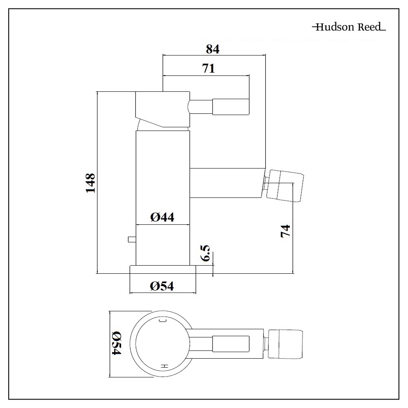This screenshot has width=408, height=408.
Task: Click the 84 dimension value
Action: (x=213, y=49)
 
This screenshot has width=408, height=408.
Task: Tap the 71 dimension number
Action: (x=208, y=68)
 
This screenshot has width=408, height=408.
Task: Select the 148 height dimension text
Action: (x=90, y=183)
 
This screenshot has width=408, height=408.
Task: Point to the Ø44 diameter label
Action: (x=162, y=217)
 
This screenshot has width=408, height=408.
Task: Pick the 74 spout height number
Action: (x=285, y=231)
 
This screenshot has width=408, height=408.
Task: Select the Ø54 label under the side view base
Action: (x=162, y=286)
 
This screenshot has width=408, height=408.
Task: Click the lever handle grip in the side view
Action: (x=231, y=107)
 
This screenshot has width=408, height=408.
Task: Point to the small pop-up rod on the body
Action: (x=131, y=239)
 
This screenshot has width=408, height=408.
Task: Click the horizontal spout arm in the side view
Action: (x=226, y=183)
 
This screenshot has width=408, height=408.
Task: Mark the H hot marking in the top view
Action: (x=164, y=366)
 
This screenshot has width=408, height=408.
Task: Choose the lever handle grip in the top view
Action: (x=231, y=343)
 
